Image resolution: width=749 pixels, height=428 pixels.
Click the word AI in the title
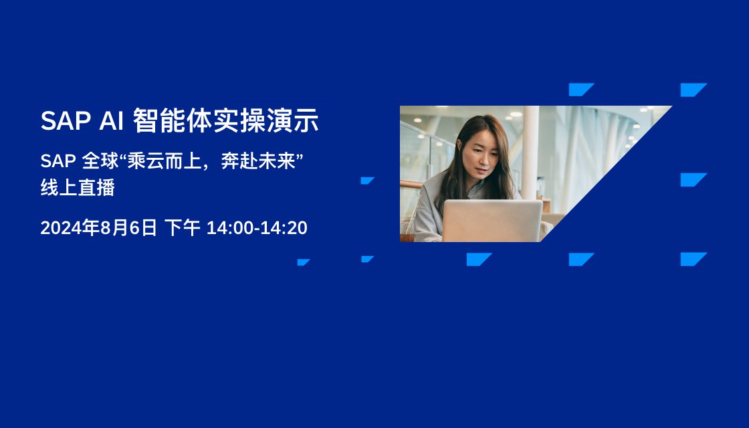pos(111,120)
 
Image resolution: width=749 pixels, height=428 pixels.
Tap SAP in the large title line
pos(66,120)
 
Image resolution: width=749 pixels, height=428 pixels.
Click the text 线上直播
pos(78,188)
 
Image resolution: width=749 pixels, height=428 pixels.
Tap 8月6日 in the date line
pos(128,228)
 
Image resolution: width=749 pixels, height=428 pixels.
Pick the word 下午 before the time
pos(182,228)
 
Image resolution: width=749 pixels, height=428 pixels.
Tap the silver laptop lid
pos(492,221)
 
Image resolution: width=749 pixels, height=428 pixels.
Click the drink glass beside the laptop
pos(407,231)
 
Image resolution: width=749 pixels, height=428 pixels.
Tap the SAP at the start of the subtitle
pos(58,161)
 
